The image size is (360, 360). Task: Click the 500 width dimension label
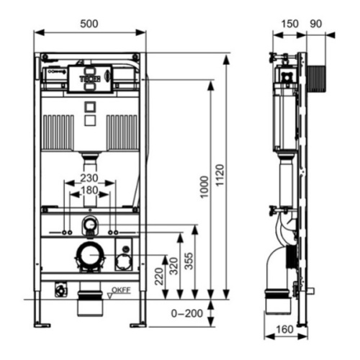pos(89,23)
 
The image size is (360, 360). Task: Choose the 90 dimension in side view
pos(315,23)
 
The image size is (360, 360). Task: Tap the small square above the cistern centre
pos(90,107)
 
